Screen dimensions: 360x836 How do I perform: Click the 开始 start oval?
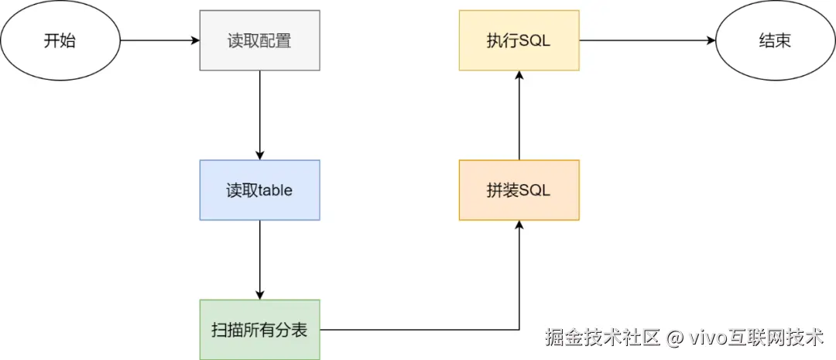[60, 40]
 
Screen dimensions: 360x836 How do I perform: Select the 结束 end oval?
[775, 40]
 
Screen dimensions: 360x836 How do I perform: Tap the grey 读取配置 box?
[259, 40]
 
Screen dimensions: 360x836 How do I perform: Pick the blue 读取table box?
[259, 190]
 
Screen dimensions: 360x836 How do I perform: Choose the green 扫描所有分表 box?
[259, 330]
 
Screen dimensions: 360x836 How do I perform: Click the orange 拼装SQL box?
[519, 190]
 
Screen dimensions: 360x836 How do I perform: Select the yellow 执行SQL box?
[519, 40]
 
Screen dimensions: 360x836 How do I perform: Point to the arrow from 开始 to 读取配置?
[159, 40]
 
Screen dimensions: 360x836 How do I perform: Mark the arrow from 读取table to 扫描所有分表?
[259, 259]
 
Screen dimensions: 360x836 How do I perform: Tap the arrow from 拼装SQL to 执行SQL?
[519, 116]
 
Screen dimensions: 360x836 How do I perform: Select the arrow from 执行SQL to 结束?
[647, 40]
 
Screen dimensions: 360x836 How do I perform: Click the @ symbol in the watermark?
[674, 338]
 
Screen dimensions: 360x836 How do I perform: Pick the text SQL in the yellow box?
[534, 40]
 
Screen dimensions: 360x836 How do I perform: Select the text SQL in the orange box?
[534, 190]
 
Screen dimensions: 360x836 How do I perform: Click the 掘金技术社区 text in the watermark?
[602, 338]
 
